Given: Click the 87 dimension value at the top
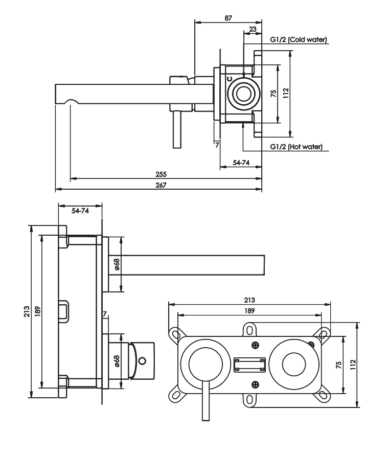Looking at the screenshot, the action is click(229, 18).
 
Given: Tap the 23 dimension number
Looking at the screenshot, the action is click(253, 29).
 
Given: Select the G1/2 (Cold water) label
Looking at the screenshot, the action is click(299, 39).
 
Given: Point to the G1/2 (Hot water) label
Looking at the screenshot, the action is click(296, 147).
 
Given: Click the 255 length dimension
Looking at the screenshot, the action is click(161, 174).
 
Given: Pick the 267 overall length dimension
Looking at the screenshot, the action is click(161, 185).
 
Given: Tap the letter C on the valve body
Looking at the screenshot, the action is click(230, 79).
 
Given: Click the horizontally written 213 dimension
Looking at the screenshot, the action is click(249, 300).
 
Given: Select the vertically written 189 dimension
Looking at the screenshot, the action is click(37, 311).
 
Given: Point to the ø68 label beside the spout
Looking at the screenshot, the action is click(117, 264).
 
